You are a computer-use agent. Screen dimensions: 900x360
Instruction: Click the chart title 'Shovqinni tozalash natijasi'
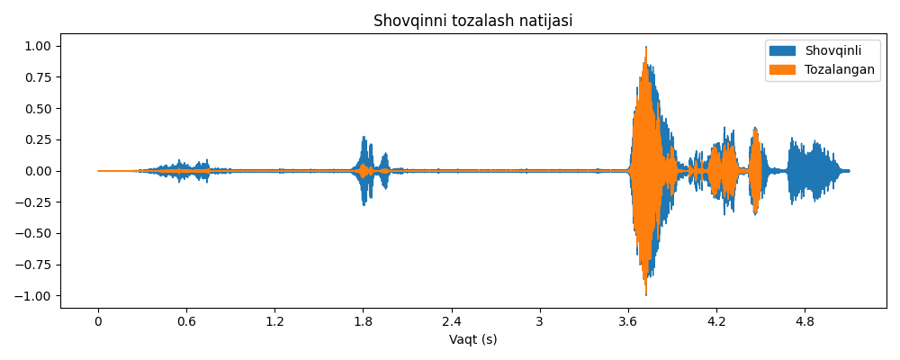click(473, 21)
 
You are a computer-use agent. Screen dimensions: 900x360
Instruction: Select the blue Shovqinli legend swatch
click(782, 51)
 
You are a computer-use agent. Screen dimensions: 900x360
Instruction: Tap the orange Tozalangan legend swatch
click(782, 69)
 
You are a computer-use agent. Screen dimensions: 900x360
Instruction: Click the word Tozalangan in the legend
click(839, 69)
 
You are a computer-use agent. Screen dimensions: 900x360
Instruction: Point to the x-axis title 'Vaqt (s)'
click(473, 340)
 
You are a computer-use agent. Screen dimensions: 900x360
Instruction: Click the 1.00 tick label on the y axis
click(40, 46)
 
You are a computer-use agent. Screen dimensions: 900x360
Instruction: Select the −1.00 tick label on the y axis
click(35, 296)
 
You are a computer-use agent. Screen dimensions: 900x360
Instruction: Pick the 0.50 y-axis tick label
click(40, 109)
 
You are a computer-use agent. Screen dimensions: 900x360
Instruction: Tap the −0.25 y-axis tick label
click(35, 202)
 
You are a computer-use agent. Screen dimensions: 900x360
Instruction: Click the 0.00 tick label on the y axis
click(40, 171)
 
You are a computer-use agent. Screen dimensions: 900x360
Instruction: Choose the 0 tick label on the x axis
click(99, 322)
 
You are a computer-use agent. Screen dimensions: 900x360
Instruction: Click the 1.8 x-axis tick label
click(364, 322)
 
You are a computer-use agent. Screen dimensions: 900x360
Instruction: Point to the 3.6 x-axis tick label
click(628, 322)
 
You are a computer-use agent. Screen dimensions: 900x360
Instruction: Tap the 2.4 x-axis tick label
click(452, 322)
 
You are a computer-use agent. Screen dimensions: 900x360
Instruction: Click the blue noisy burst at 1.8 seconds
click(364, 170)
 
